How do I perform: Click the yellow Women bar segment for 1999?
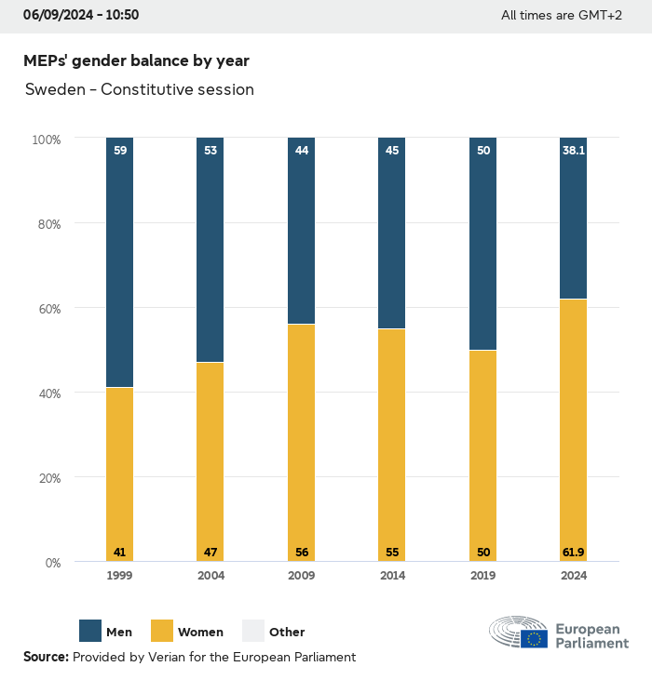point(119,474)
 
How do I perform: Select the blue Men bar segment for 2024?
point(574,219)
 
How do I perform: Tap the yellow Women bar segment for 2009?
point(301,443)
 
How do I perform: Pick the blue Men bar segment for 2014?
point(392,233)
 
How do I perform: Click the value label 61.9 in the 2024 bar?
point(574,553)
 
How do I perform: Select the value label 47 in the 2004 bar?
point(211,553)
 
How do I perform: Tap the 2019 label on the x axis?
point(482,576)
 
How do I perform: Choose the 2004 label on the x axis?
point(211,576)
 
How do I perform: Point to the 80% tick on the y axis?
point(47,224)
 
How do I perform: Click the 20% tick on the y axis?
point(47,478)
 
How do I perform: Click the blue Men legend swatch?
point(90,631)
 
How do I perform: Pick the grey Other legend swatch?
point(253,631)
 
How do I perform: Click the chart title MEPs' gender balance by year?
point(136,60)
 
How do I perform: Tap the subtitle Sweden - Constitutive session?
point(139,90)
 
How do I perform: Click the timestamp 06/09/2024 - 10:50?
point(81,16)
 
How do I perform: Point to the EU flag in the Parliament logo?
point(534,638)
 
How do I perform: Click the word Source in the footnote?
point(46,657)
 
